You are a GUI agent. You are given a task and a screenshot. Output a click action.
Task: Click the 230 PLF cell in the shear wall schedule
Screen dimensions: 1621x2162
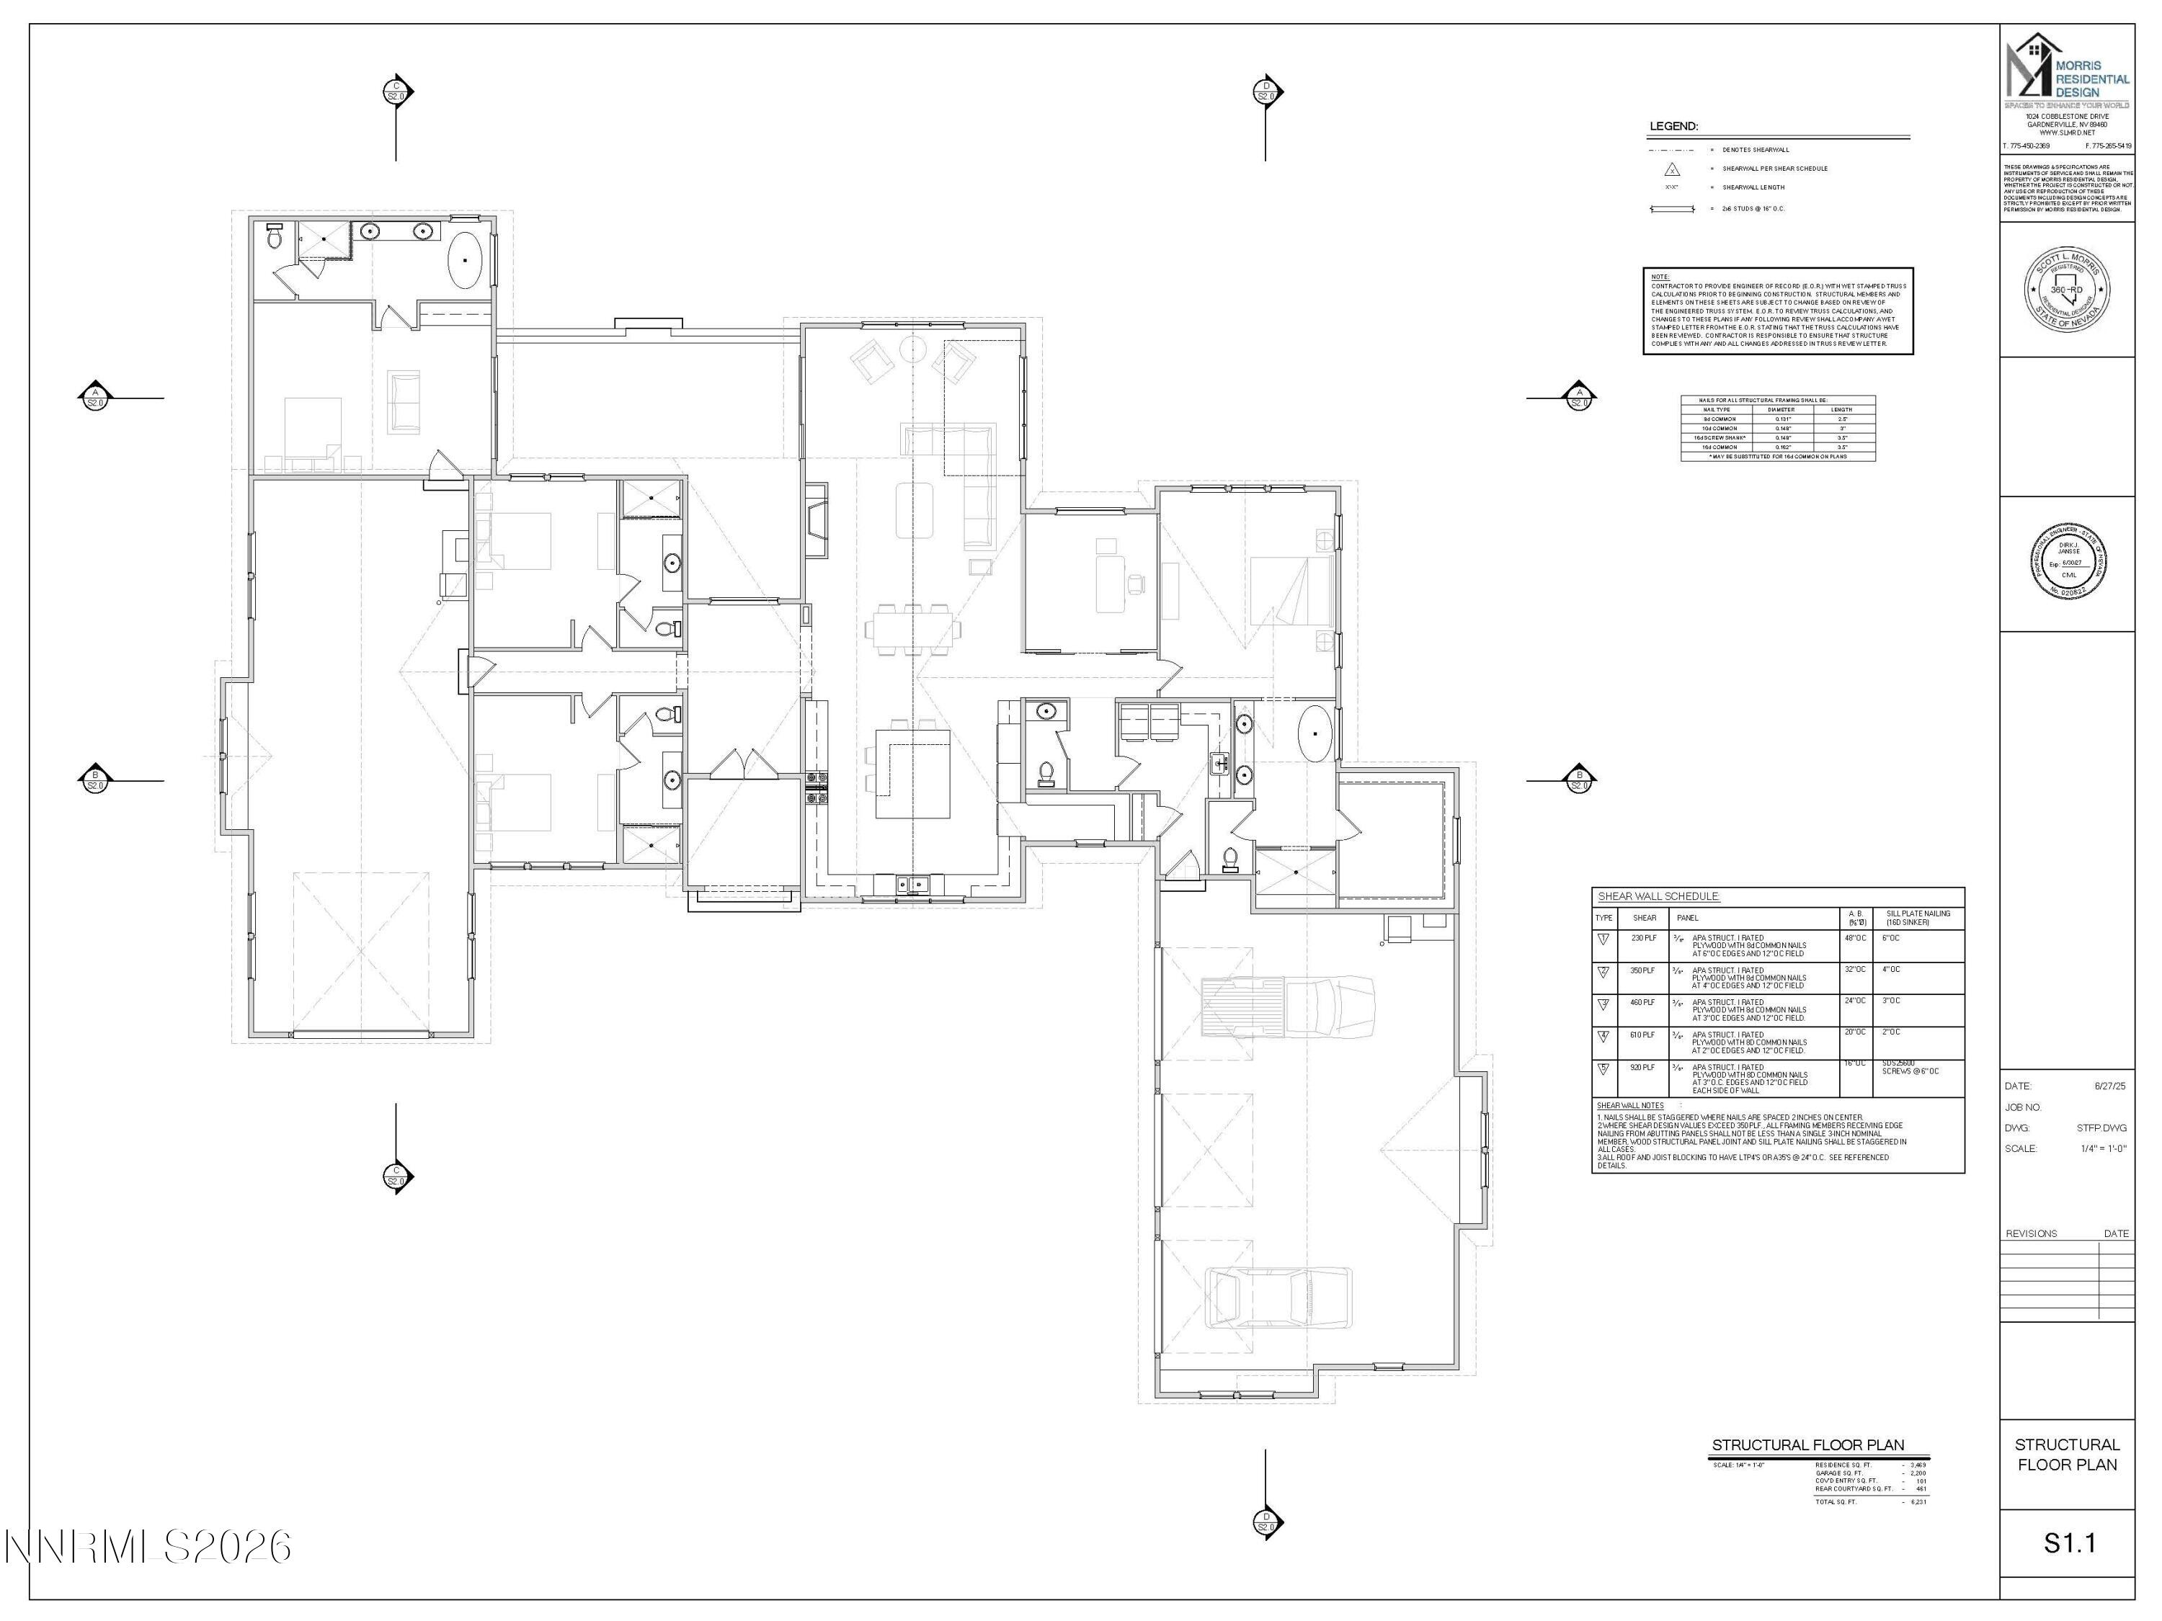pyautogui.click(x=1643, y=938)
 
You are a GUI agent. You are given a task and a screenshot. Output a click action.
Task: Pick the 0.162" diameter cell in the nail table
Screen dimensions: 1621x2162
pyautogui.click(x=1781, y=447)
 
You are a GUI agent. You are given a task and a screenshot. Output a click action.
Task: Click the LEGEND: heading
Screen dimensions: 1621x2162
pyautogui.click(x=1673, y=127)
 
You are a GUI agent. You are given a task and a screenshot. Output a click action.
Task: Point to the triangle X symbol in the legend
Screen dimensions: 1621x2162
pyautogui.click(x=1671, y=169)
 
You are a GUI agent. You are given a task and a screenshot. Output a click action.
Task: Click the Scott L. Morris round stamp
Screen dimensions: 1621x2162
pyautogui.click(x=2066, y=289)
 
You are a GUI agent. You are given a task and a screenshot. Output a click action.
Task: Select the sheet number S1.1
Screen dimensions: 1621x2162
pyautogui.click(x=2069, y=1543)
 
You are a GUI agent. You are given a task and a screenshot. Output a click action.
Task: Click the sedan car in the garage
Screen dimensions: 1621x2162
pyautogui.click(x=1278, y=1297)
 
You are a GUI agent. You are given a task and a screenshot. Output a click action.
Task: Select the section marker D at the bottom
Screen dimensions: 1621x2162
pyautogui.click(x=1265, y=1522)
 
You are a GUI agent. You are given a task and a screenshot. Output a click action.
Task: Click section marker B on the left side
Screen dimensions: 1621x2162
pyautogui.click(x=95, y=780)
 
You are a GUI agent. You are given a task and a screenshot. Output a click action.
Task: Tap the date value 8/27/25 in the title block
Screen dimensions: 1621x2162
pyautogui.click(x=2109, y=1086)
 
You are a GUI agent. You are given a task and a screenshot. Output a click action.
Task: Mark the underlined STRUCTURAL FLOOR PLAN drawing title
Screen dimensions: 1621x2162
pyautogui.click(x=1807, y=1445)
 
